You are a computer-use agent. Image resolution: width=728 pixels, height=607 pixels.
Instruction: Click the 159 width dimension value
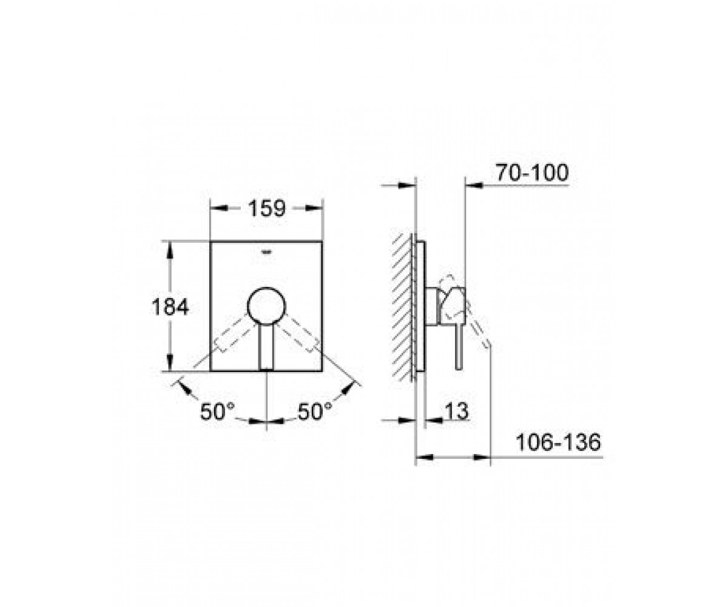267,209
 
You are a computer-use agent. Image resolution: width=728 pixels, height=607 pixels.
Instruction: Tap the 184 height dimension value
170,307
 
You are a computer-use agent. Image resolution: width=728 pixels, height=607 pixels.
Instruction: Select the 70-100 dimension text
532,172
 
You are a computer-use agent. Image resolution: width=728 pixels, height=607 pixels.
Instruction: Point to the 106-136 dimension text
559,443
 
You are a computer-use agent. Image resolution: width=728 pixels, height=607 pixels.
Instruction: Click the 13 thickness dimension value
457,411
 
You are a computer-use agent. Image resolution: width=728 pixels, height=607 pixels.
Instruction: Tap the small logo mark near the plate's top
267,252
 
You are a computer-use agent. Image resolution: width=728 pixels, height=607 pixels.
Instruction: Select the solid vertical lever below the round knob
267,346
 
